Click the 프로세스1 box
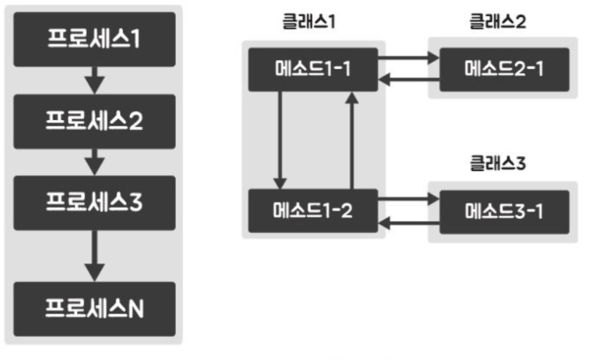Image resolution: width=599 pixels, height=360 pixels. pos(94,40)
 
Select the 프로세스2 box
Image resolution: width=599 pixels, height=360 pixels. pos(94,121)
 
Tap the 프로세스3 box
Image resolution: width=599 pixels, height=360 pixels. pos(94,203)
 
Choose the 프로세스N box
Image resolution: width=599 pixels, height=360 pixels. pos(94,308)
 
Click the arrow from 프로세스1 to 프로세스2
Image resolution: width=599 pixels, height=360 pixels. pos(94,80)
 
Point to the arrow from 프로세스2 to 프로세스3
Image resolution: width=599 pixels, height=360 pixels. pos(94,162)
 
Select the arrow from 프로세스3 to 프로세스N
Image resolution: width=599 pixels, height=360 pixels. pos(94,254)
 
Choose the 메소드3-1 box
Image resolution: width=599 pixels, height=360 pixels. pos(504,211)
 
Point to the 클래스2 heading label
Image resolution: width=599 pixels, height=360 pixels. pos(498,21)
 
